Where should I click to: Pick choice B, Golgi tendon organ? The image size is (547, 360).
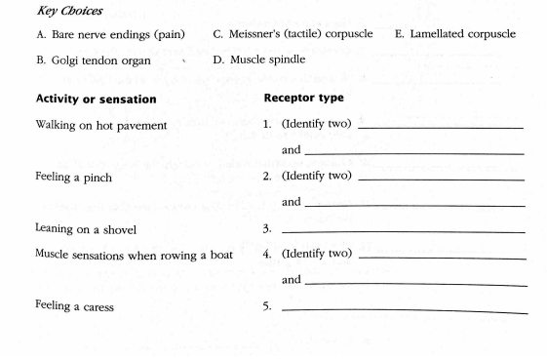point(90,60)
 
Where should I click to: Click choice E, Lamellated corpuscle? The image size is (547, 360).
point(455,35)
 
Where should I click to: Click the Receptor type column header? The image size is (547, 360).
point(303,99)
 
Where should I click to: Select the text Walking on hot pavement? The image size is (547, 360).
point(100,126)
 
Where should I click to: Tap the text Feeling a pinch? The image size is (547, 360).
point(73,179)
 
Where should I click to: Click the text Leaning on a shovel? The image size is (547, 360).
point(85,230)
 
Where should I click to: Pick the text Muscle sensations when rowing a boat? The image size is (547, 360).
point(135,255)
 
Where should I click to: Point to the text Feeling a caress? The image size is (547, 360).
point(74,307)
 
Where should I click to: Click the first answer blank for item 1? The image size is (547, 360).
point(441,127)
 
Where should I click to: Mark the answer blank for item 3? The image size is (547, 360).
point(402,231)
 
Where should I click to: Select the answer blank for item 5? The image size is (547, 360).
point(404,309)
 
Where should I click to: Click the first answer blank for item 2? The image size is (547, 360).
point(441,180)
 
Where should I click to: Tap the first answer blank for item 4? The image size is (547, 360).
point(441,257)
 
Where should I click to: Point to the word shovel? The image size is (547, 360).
point(117,230)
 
